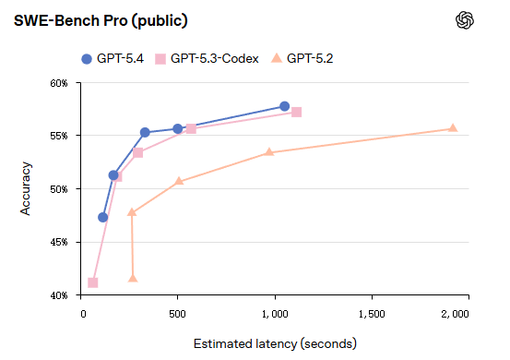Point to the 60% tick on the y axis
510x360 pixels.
pos(59,83)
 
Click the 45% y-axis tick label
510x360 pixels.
pos(59,243)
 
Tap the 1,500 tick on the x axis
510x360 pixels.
pos(371,314)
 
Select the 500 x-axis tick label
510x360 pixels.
pos(179,314)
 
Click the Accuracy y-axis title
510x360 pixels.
pos(26,189)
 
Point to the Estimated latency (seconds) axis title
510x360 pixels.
pos(274,343)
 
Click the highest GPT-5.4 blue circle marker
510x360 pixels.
pos(284,106)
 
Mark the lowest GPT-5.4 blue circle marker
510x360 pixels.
pos(103,217)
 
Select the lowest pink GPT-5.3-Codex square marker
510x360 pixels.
pos(93,282)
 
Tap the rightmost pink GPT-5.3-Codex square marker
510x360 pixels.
pos(296,112)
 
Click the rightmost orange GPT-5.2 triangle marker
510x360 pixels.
pos(453,128)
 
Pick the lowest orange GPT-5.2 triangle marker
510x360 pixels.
pos(133,278)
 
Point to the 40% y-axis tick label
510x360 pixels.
pos(59,295)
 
